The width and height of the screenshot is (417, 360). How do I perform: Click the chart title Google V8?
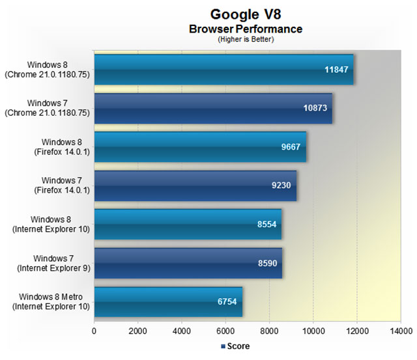[x=246, y=14]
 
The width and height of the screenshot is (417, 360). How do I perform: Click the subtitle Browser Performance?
[x=246, y=29]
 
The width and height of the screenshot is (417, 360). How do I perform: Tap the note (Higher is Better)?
[x=246, y=39]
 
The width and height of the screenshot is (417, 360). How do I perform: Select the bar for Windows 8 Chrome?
[x=223, y=70]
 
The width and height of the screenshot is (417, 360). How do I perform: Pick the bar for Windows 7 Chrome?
[x=213, y=108]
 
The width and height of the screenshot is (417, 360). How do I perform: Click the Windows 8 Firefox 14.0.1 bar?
[x=200, y=147]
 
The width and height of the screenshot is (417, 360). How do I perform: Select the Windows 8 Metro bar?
[x=168, y=301]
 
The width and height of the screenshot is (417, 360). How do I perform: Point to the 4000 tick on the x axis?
[x=182, y=331]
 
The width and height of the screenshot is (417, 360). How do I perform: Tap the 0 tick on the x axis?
[x=94, y=331]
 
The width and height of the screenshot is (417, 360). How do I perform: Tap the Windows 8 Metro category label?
[x=51, y=301]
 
